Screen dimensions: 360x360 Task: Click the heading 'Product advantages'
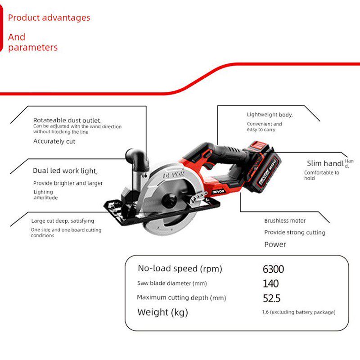click(49, 18)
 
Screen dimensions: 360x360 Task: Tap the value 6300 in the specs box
click(273, 269)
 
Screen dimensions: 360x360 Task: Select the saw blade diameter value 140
click(271, 283)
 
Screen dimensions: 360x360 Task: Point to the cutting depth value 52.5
click(272, 298)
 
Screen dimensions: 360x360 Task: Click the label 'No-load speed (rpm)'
click(180, 269)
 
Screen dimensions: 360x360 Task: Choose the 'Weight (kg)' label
click(162, 312)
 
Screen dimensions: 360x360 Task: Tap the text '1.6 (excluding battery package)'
click(299, 312)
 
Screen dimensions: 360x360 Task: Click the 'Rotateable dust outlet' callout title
click(67, 120)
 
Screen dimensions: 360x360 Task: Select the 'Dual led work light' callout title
click(65, 171)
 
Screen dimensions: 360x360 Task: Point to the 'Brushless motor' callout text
click(285, 220)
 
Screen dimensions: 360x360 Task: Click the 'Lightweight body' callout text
click(270, 115)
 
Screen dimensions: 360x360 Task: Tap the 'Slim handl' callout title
click(325, 163)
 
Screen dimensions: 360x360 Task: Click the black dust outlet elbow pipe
click(137, 158)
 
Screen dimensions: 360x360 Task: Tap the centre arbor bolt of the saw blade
click(170, 200)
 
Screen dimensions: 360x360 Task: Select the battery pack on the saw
click(264, 166)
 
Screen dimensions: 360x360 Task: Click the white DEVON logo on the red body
click(218, 192)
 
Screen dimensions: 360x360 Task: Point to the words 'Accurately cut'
click(54, 141)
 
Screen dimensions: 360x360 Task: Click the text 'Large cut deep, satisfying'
click(63, 221)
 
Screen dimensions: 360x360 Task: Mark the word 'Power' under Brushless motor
click(275, 244)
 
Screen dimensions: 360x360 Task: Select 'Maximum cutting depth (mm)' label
click(181, 298)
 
